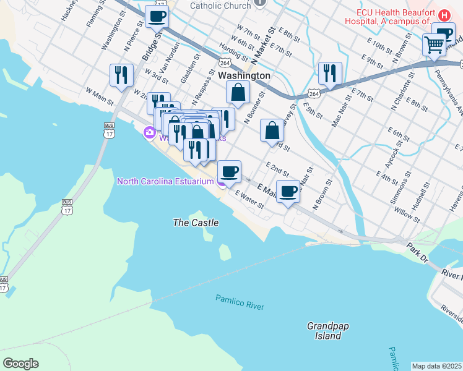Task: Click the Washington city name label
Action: click(x=244, y=75)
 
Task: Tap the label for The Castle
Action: click(x=196, y=222)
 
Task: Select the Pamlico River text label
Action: click(x=240, y=302)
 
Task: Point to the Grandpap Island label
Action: click(x=324, y=331)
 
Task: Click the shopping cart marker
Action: click(x=435, y=45)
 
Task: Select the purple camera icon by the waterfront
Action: click(x=149, y=132)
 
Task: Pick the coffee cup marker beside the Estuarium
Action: click(x=229, y=171)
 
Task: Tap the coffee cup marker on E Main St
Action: click(x=288, y=191)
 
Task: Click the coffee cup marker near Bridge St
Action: click(x=157, y=17)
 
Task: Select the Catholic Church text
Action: click(x=220, y=6)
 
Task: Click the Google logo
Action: click(x=20, y=364)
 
